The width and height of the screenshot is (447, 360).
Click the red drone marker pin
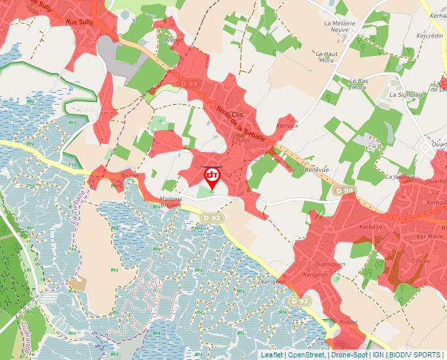point(212,177)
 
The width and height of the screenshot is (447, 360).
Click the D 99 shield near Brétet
point(189,84)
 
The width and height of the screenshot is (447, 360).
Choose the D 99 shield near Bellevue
point(340,191)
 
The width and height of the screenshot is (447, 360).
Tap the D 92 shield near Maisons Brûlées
point(212,218)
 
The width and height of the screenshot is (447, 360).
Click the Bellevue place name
point(317,170)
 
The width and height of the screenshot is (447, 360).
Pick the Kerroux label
point(288,125)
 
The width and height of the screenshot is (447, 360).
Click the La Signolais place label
point(406,95)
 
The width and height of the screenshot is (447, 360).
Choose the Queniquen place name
point(330,264)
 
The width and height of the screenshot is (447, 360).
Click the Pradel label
point(349,322)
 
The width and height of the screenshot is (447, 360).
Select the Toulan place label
point(128,176)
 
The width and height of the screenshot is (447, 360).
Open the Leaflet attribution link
point(271,355)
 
